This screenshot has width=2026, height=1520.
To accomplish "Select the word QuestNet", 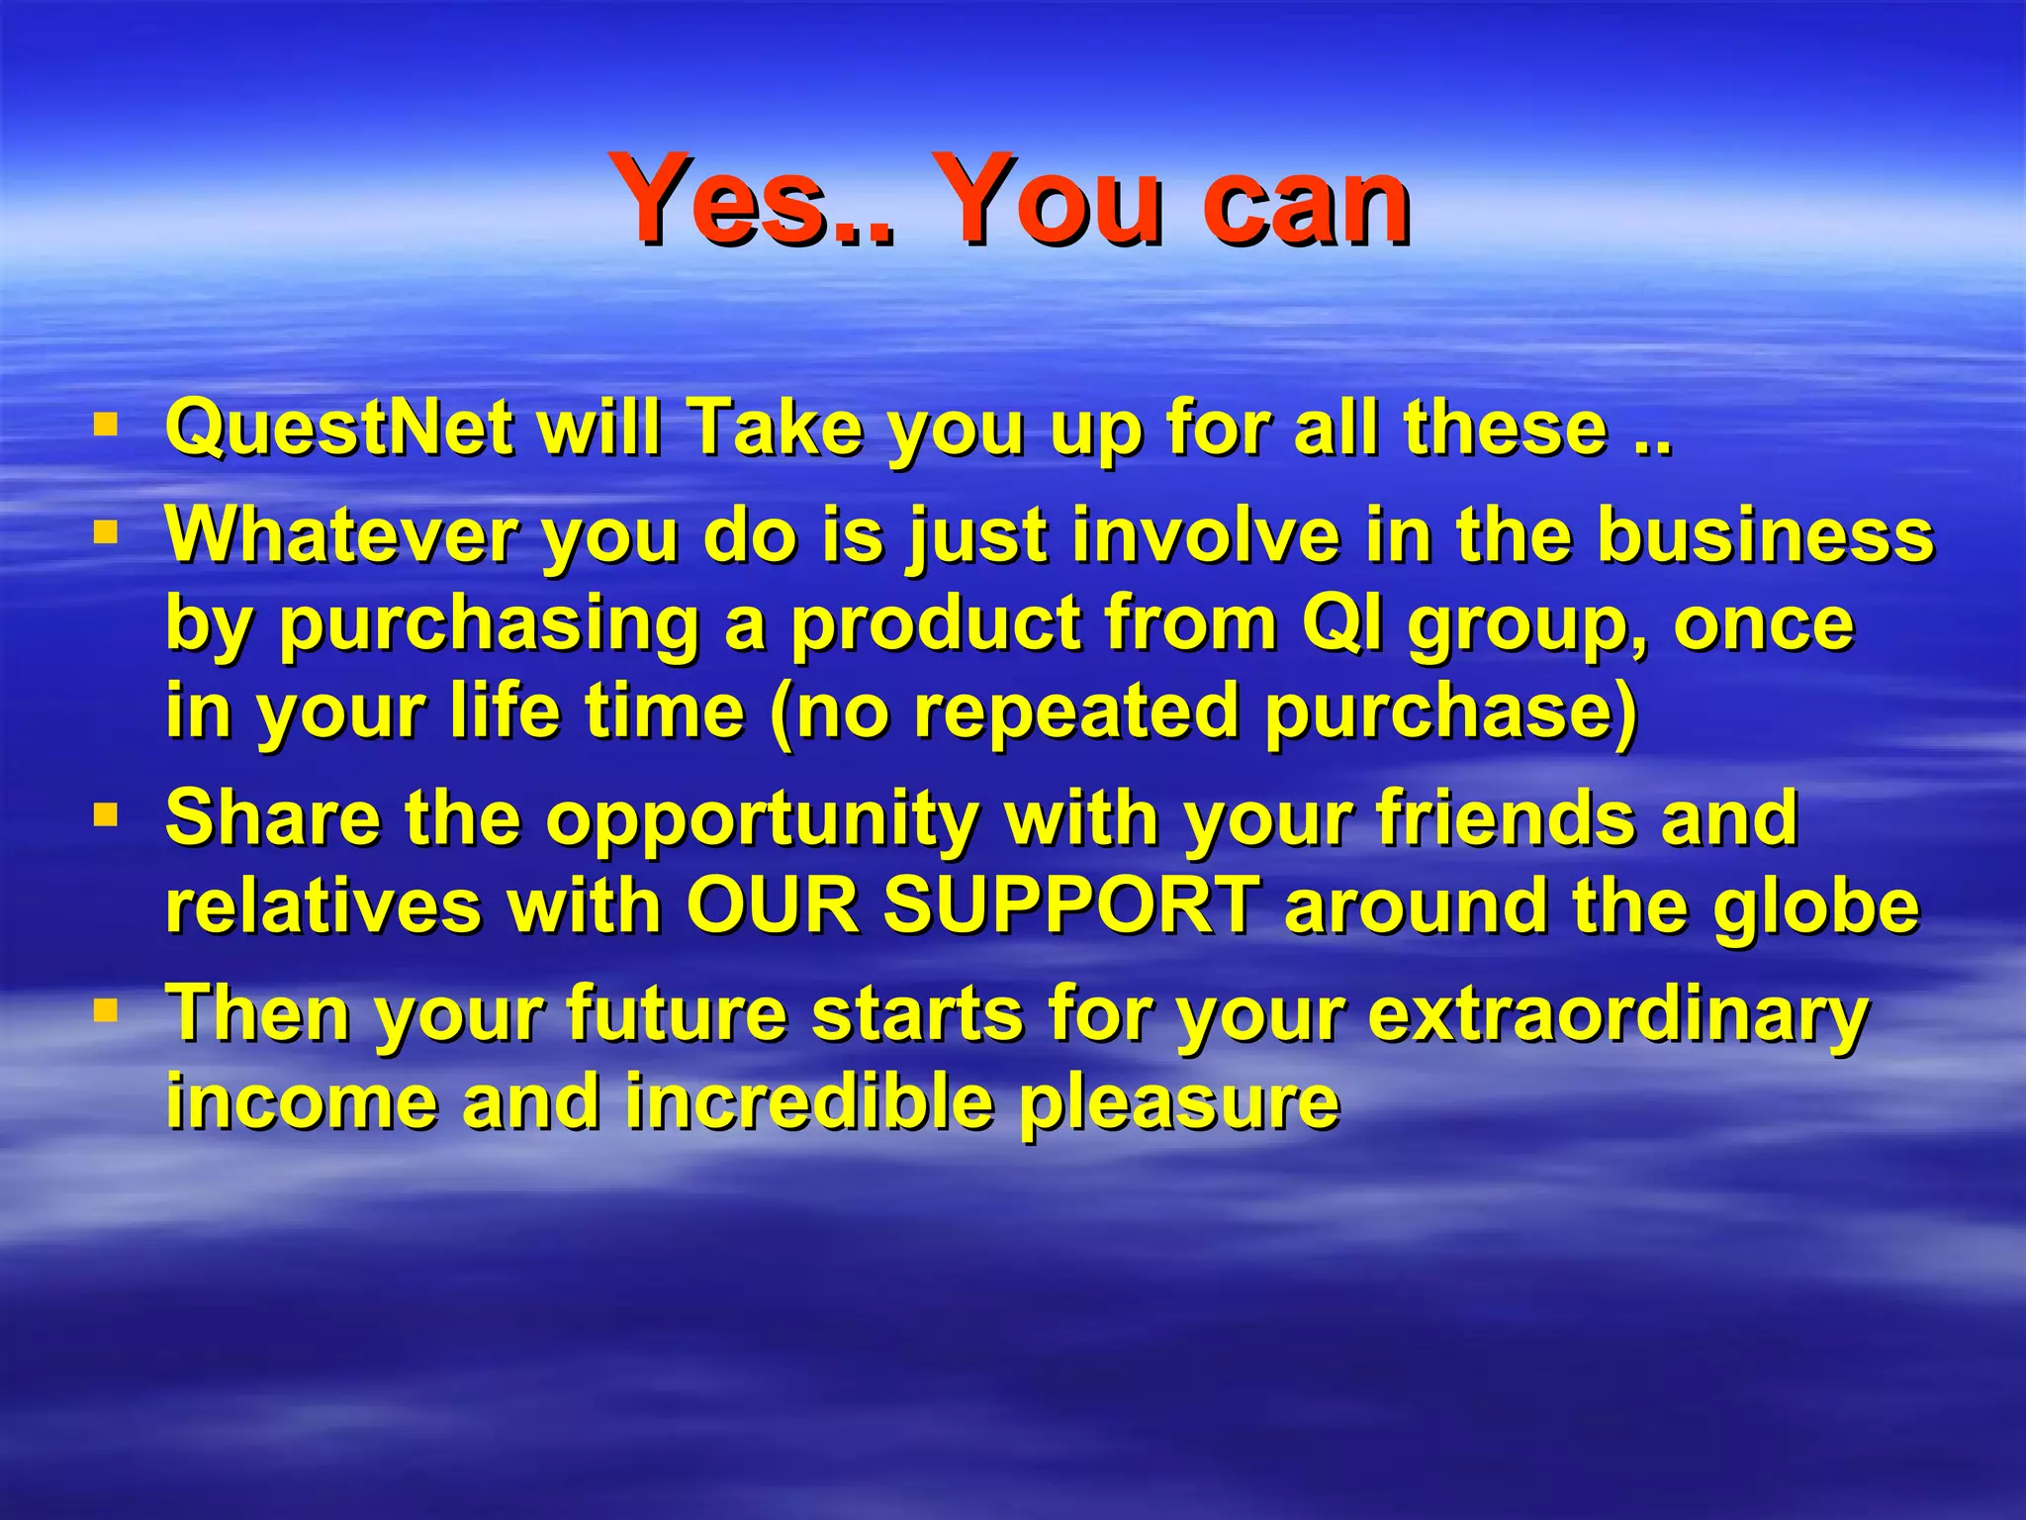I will click(x=337, y=427).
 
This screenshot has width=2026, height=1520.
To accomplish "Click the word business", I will click(x=1764, y=535).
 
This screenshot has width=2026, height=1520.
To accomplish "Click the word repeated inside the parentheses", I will click(x=1076, y=712).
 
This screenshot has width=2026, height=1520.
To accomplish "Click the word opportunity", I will click(x=762, y=821).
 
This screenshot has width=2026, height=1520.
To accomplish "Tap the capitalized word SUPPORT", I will click(x=1071, y=905).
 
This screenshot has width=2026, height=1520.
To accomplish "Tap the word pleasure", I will click(x=1179, y=1103).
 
